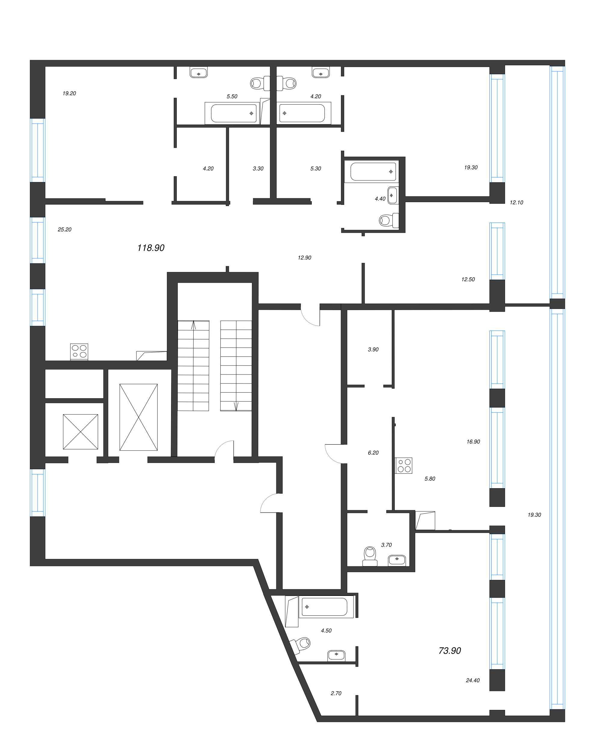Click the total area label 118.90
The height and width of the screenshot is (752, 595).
(x=151, y=248)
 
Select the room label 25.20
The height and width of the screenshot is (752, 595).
(x=64, y=230)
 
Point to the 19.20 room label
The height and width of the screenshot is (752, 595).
(x=69, y=93)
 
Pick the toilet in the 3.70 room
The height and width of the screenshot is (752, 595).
(x=370, y=556)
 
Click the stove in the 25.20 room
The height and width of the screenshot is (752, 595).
(x=79, y=352)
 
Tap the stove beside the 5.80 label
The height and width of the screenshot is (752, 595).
(x=404, y=466)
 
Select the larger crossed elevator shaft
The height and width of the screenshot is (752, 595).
(x=138, y=417)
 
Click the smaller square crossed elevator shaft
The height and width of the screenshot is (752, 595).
(x=81, y=432)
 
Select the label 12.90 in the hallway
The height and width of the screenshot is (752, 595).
(x=305, y=258)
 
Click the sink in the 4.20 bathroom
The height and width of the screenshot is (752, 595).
(x=321, y=73)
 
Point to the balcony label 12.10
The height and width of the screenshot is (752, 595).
(x=516, y=202)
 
